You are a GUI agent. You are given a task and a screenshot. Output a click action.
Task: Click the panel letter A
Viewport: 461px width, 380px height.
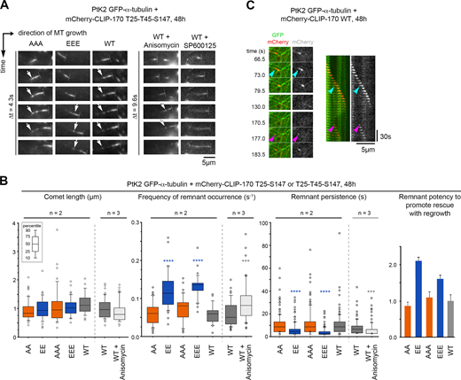(5, 5)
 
